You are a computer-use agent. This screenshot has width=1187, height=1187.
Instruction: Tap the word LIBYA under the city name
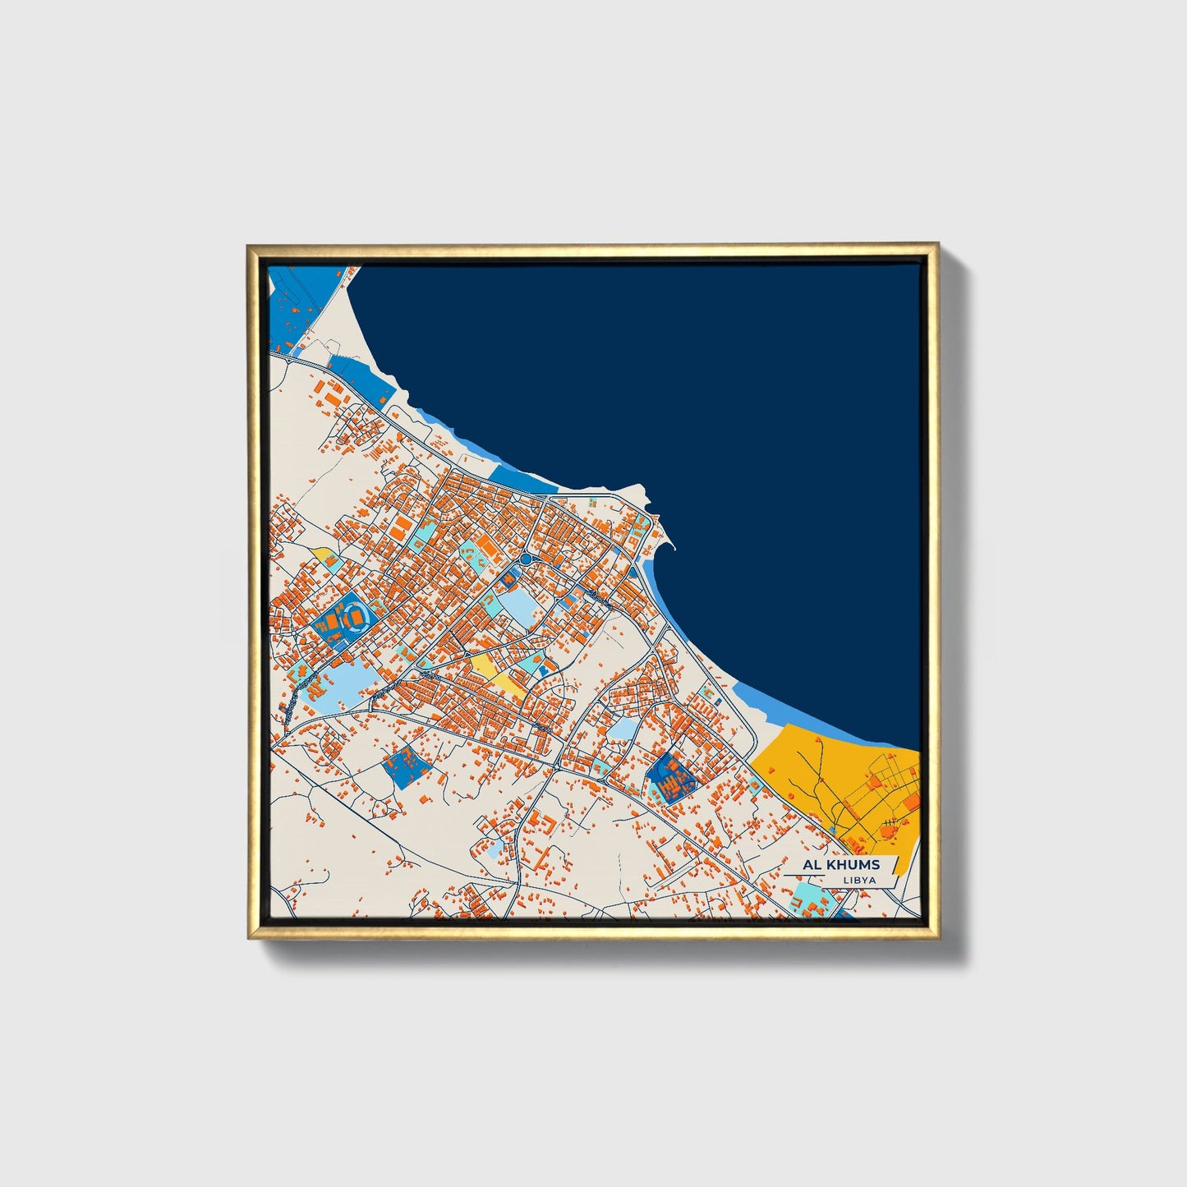[858, 881]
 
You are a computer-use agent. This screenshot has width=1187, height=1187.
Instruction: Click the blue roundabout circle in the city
[526, 559]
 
